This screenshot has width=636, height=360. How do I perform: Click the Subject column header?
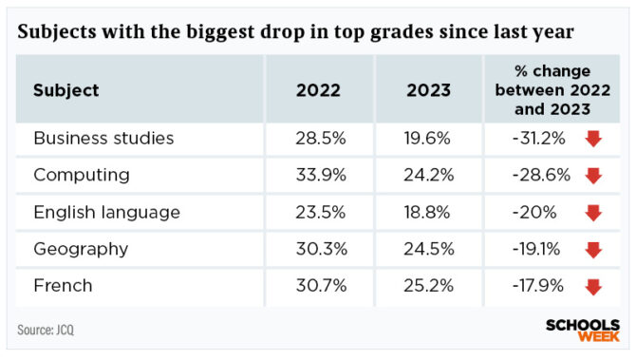point(66,91)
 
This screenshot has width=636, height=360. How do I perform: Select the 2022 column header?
point(319,91)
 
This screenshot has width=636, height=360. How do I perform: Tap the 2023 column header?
point(429,91)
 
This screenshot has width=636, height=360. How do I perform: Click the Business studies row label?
point(103,139)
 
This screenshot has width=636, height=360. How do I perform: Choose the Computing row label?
point(82,176)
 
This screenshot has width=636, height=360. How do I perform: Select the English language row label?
point(106,212)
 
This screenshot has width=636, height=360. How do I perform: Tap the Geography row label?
point(81,249)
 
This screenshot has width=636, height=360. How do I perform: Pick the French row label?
point(63,286)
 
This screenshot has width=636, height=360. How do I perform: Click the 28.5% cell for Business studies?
point(318,139)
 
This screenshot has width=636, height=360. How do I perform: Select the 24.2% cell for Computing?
point(429,176)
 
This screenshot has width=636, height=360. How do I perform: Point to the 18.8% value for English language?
point(429,212)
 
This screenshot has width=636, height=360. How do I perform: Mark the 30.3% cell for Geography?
point(318,249)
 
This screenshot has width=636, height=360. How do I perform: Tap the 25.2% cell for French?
point(429,286)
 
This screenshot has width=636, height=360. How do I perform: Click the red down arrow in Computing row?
point(593,177)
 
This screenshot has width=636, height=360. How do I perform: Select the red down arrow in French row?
point(593,287)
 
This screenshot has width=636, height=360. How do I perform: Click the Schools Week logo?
point(583,330)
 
